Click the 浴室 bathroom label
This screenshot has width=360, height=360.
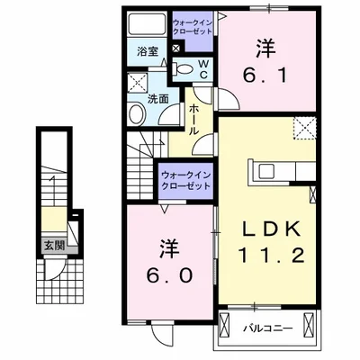pos(148,52)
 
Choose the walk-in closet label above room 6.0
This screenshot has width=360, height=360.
pos(184,180)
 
